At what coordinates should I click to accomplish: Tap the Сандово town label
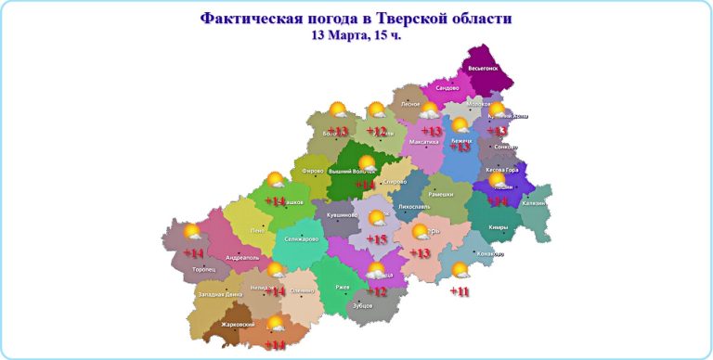click(x=447, y=87)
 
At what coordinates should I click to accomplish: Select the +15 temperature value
click(x=376, y=239)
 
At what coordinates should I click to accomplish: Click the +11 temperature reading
click(x=460, y=291)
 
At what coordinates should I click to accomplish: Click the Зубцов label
click(x=363, y=304)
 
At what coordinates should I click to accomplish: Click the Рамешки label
click(x=441, y=194)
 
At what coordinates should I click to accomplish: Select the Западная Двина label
click(x=219, y=294)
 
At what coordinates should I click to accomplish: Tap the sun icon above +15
click(x=377, y=219)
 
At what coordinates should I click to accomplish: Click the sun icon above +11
click(x=460, y=271)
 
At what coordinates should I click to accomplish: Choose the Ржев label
click(x=342, y=288)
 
